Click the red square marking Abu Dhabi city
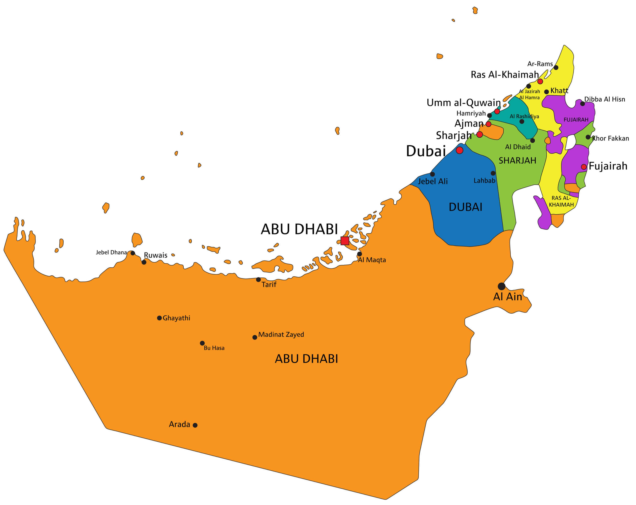(x=345, y=241)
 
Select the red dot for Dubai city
(x=459, y=150)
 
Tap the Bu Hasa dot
(x=202, y=343)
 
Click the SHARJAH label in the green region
(x=517, y=161)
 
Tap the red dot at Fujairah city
(x=584, y=167)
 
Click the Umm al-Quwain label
(x=463, y=103)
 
